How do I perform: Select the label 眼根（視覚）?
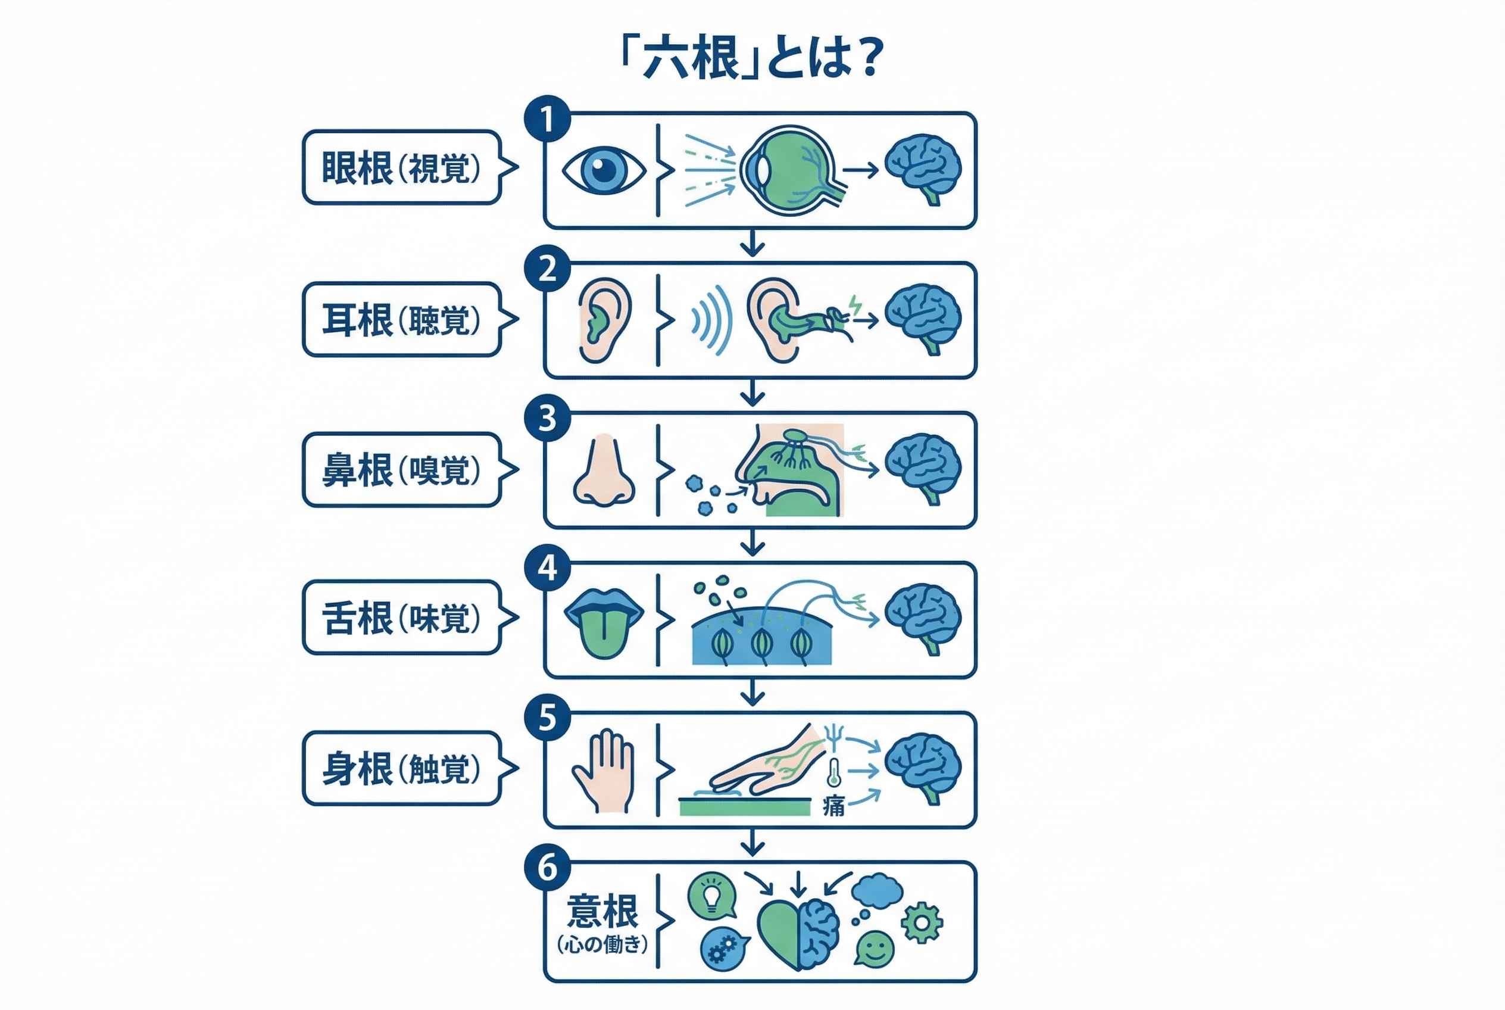pos(401,167)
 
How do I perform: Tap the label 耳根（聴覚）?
pos(401,319)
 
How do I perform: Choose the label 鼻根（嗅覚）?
pos(401,470)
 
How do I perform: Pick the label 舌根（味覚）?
pos(401,618)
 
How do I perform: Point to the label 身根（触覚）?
pos(401,768)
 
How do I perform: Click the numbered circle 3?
pos(547,418)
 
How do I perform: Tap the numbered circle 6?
pos(547,868)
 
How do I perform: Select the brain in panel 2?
pos(923,319)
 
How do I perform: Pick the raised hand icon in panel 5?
pos(604,771)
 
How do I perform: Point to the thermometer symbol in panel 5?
pos(834,772)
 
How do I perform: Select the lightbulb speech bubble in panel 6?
pos(711,895)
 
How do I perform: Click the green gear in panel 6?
pos(922,923)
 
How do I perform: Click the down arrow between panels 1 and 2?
pos(752,245)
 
